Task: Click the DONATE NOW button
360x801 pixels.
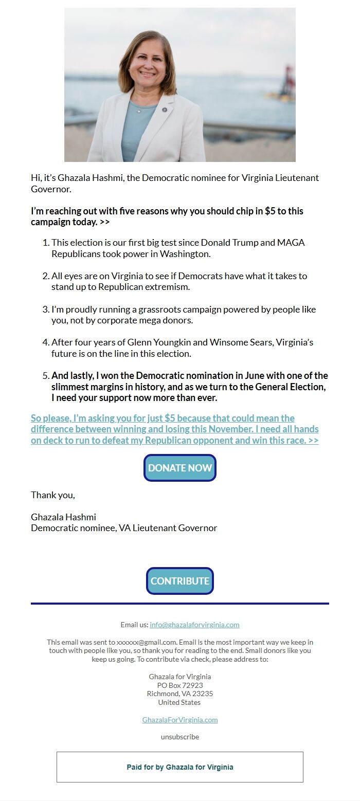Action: coord(180,468)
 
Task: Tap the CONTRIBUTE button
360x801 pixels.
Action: coord(180,581)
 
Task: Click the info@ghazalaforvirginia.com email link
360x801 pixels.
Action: coord(194,625)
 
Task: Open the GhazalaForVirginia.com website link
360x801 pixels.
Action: coord(180,720)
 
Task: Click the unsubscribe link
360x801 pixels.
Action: coord(180,737)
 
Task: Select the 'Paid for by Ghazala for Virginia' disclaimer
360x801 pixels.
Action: coord(180,767)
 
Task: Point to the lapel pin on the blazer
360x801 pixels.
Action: coord(165,110)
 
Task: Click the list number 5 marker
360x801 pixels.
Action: coord(46,376)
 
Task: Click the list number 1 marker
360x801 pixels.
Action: coord(46,243)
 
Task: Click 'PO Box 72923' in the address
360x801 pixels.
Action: coord(180,685)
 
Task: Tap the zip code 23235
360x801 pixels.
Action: coord(203,694)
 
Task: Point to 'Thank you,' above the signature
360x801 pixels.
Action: coord(53,495)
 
